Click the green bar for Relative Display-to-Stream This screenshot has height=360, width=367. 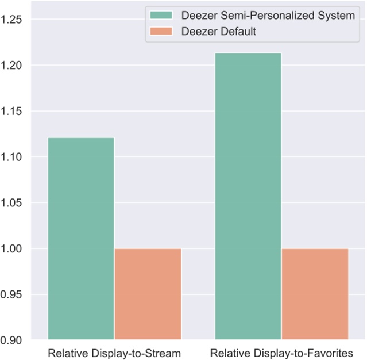(x=81, y=238)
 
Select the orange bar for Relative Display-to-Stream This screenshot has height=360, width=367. (x=148, y=293)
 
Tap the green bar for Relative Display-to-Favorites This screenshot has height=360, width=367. (x=248, y=196)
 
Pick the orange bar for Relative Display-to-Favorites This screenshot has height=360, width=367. (x=315, y=293)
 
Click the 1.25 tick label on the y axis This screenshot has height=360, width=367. (x=13, y=20)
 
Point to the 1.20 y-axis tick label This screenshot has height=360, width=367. (x=13, y=66)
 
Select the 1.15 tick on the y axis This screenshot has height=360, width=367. (x=13, y=112)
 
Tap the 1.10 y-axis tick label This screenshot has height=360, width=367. (x=13, y=157)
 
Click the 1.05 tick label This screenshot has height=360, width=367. (x=13, y=203)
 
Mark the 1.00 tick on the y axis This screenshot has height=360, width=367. (x=13, y=249)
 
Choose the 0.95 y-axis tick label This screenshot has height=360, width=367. (x=13, y=294)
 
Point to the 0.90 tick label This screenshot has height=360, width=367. (x=13, y=340)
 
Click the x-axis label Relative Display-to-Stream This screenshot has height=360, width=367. (x=114, y=352)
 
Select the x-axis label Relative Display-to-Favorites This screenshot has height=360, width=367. (x=281, y=352)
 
